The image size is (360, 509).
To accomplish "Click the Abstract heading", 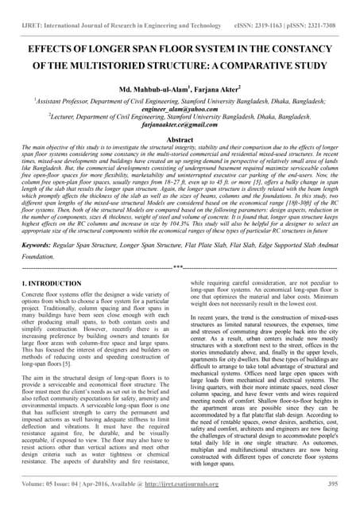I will coord(180,138).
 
